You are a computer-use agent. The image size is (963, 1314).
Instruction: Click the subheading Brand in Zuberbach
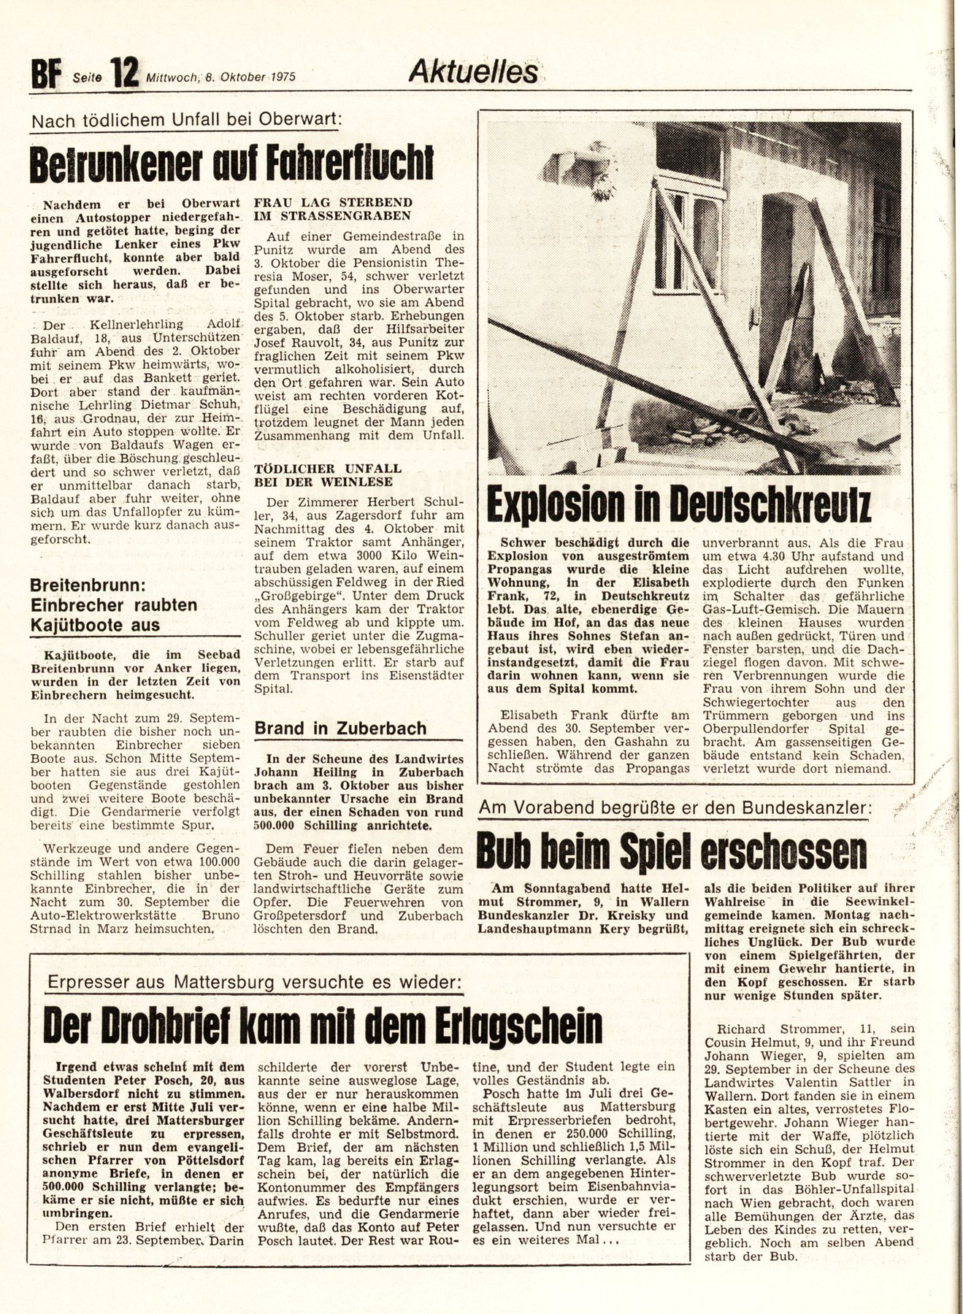click(340, 729)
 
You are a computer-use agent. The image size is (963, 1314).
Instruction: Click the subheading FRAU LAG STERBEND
click(332, 202)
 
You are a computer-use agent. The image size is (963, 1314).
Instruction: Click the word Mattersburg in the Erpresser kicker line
click(227, 983)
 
